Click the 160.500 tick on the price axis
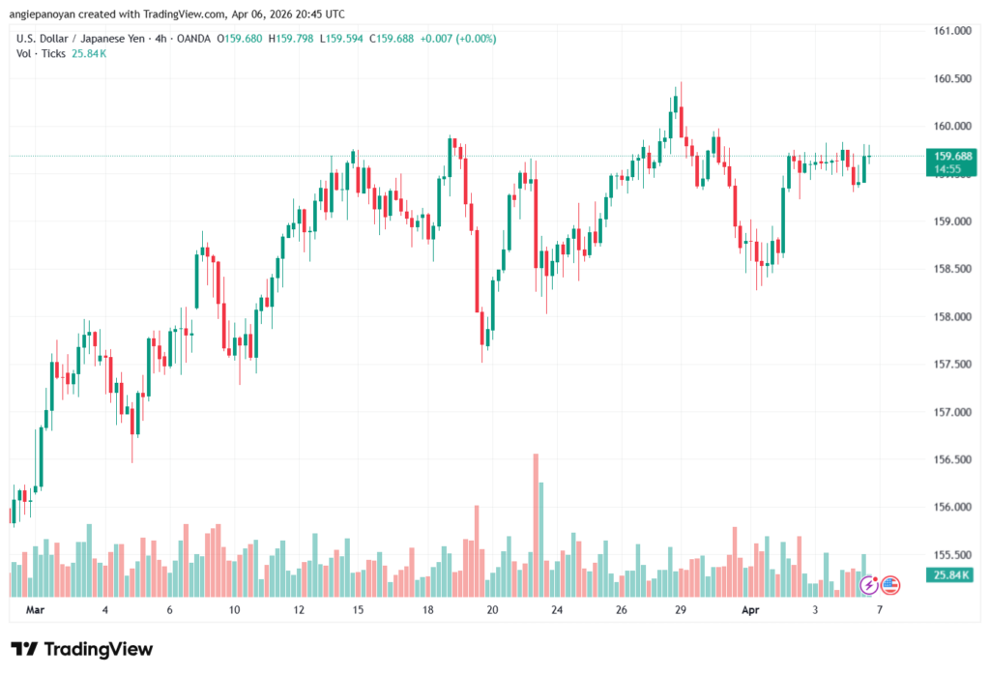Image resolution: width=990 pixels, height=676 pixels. (949, 78)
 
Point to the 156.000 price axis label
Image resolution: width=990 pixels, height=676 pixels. (949, 507)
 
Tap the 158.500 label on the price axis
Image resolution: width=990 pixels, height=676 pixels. (949, 269)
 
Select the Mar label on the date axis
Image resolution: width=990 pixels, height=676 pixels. (36, 610)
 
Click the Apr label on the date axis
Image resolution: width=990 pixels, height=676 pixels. (751, 610)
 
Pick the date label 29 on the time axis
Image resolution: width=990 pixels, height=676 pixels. (681, 610)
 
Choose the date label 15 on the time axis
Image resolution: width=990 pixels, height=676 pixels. (358, 610)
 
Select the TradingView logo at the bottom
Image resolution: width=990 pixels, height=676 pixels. (82, 649)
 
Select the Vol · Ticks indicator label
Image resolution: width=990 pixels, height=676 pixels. (42, 54)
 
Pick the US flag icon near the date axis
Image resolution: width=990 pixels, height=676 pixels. (890, 584)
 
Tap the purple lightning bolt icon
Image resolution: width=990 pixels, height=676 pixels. (869, 584)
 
